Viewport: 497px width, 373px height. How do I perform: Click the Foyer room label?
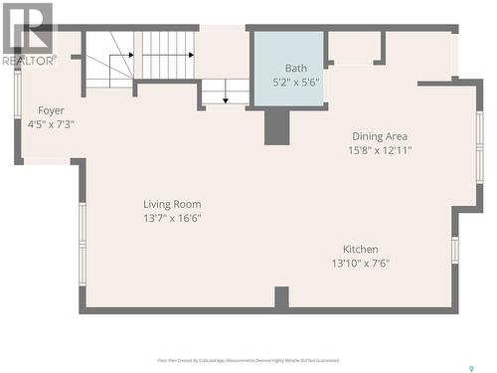pyautogui.click(x=51, y=109)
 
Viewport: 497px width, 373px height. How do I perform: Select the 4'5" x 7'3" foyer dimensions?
pyautogui.click(x=51, y=124)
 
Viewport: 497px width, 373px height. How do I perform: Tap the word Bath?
pyautogui.click(x=296, y=68)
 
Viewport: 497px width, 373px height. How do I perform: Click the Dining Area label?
pyautogui.click(x=380, y=136)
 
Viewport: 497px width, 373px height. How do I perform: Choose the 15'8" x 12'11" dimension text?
pyautogui.click(x=380, y=151)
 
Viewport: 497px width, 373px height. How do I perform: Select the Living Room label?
pyautogui.click(x=172, y=204)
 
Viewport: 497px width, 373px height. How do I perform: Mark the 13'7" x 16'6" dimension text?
pyautogui.click(x=172, y=219)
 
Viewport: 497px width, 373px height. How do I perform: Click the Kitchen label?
pyautogui.click(x=360, y=249)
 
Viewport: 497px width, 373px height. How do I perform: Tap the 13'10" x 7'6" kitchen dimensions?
pyautogui.click(x=360, y=264)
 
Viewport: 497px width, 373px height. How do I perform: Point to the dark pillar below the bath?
pyautogui.click(x=276, y=126)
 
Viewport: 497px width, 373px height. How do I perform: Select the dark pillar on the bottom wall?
pyautogui.click(x=281, y=297)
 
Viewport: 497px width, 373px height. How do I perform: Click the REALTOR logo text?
pyautogui.click(x=27, y=61)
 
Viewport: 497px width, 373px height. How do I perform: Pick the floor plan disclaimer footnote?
pyautogui.click(x=248, y=360)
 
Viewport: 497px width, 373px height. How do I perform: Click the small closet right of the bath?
pyautogui.click(x=355, y=48)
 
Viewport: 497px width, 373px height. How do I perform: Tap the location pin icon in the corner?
pyautogui.click(x=470, y=367)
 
